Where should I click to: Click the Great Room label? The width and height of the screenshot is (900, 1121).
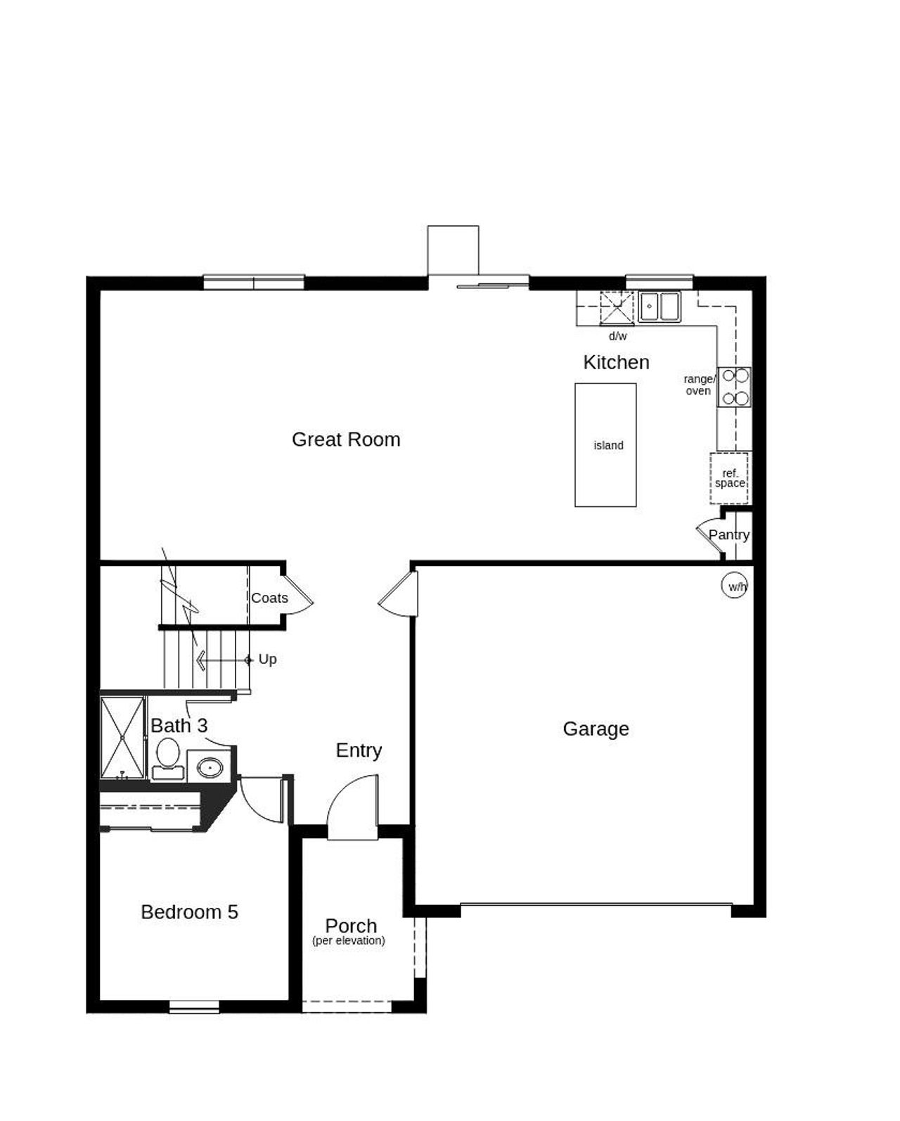tap(346, 440)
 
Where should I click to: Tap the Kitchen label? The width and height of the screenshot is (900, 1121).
tap(616, 362)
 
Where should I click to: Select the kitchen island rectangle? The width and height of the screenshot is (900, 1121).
tap(605, 444)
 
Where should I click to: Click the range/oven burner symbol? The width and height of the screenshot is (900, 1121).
tap(734, 387)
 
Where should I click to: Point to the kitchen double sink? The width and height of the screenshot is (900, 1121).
tap(660, 307)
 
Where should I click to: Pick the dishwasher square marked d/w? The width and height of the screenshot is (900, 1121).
tap(617, 308)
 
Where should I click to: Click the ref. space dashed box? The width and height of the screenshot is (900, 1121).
tap(729, 478)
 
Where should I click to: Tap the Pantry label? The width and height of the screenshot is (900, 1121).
tap(728, 534)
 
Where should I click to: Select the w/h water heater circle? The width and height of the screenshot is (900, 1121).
tap(734, 586)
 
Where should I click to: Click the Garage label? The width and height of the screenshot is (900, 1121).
tap(596, 729)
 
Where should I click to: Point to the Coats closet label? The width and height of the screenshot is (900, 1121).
tap(269, 598)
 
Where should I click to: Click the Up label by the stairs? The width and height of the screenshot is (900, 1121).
tap(267, 659)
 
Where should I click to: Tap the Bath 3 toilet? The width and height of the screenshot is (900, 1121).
tap(167, 755)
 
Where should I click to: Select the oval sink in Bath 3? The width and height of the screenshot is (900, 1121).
tap(209, 767)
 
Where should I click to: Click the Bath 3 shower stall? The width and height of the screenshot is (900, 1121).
tap(122, 737)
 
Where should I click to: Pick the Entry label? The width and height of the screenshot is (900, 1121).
tap(359, 750)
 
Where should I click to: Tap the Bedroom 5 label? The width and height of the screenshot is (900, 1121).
tap(189, 912)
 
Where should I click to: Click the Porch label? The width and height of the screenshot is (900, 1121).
tap(351, 925)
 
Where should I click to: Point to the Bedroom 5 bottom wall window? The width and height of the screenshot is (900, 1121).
tap(194, 1007)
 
